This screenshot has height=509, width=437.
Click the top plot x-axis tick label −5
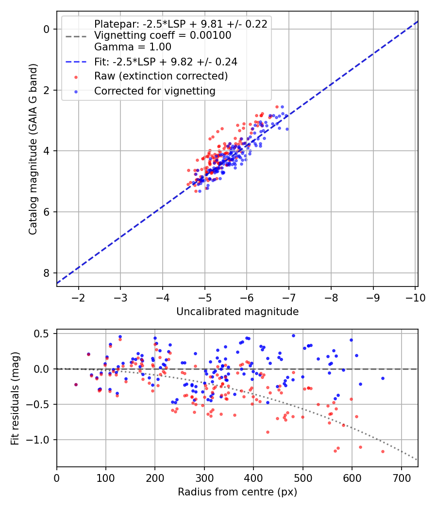coord(204,298)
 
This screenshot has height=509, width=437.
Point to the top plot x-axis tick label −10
coord(415,298)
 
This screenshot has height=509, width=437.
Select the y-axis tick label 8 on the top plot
coord(47,273)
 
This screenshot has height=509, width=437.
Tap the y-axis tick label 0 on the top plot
coord(47,29)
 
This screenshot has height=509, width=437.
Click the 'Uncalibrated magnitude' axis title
coord(237,312)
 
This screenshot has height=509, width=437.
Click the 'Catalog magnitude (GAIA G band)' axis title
coord(33,149)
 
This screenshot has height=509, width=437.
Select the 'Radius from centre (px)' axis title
coord(237,492)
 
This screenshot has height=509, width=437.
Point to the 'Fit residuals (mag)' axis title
coord(15,398)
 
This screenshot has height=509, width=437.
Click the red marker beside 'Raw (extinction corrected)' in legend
coord(76,77)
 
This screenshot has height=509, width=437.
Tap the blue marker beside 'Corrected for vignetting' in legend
coord(76,92)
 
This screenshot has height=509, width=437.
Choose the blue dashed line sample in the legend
coord(76,62)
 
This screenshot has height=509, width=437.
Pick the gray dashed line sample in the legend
coord(76,36)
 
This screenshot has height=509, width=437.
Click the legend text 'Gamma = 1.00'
coord(133,47)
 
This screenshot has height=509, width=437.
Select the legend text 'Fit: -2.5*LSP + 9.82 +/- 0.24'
coord(166,62)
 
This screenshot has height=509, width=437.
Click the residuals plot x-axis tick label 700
coord(402,478)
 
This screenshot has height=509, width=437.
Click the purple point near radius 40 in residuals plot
coord(76,385)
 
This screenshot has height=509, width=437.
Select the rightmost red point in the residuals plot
coord(383,451)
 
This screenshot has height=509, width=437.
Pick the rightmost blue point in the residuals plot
coord(383,378)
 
